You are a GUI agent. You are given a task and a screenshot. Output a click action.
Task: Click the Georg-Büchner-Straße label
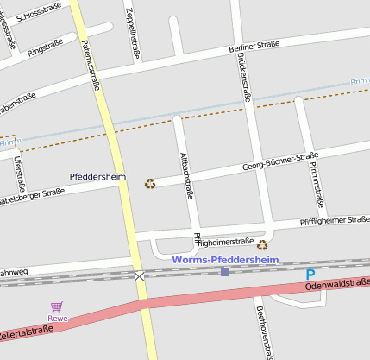pos(280,161)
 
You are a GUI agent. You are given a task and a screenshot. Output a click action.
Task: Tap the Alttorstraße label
pos(185,175)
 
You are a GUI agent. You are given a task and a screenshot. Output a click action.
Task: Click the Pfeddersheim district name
pos(97,177)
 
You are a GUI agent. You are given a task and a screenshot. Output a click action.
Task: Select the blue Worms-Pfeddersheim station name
pos(225,258)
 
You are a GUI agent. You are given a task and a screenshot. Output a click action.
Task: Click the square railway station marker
pos(225,272)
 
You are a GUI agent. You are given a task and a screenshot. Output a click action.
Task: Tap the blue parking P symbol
pos(310,274)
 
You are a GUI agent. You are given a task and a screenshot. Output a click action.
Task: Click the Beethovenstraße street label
pos(264,332)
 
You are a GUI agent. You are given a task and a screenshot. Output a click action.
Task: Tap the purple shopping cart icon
pos(57,306)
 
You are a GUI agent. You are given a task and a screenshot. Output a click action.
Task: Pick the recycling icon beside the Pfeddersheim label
pos(150,183)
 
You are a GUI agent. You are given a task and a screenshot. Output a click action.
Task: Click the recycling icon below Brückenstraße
pos(262,245)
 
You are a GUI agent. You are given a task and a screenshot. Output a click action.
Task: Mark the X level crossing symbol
pos(140,276)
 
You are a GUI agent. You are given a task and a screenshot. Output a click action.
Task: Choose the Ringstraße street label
pos(45,46)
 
